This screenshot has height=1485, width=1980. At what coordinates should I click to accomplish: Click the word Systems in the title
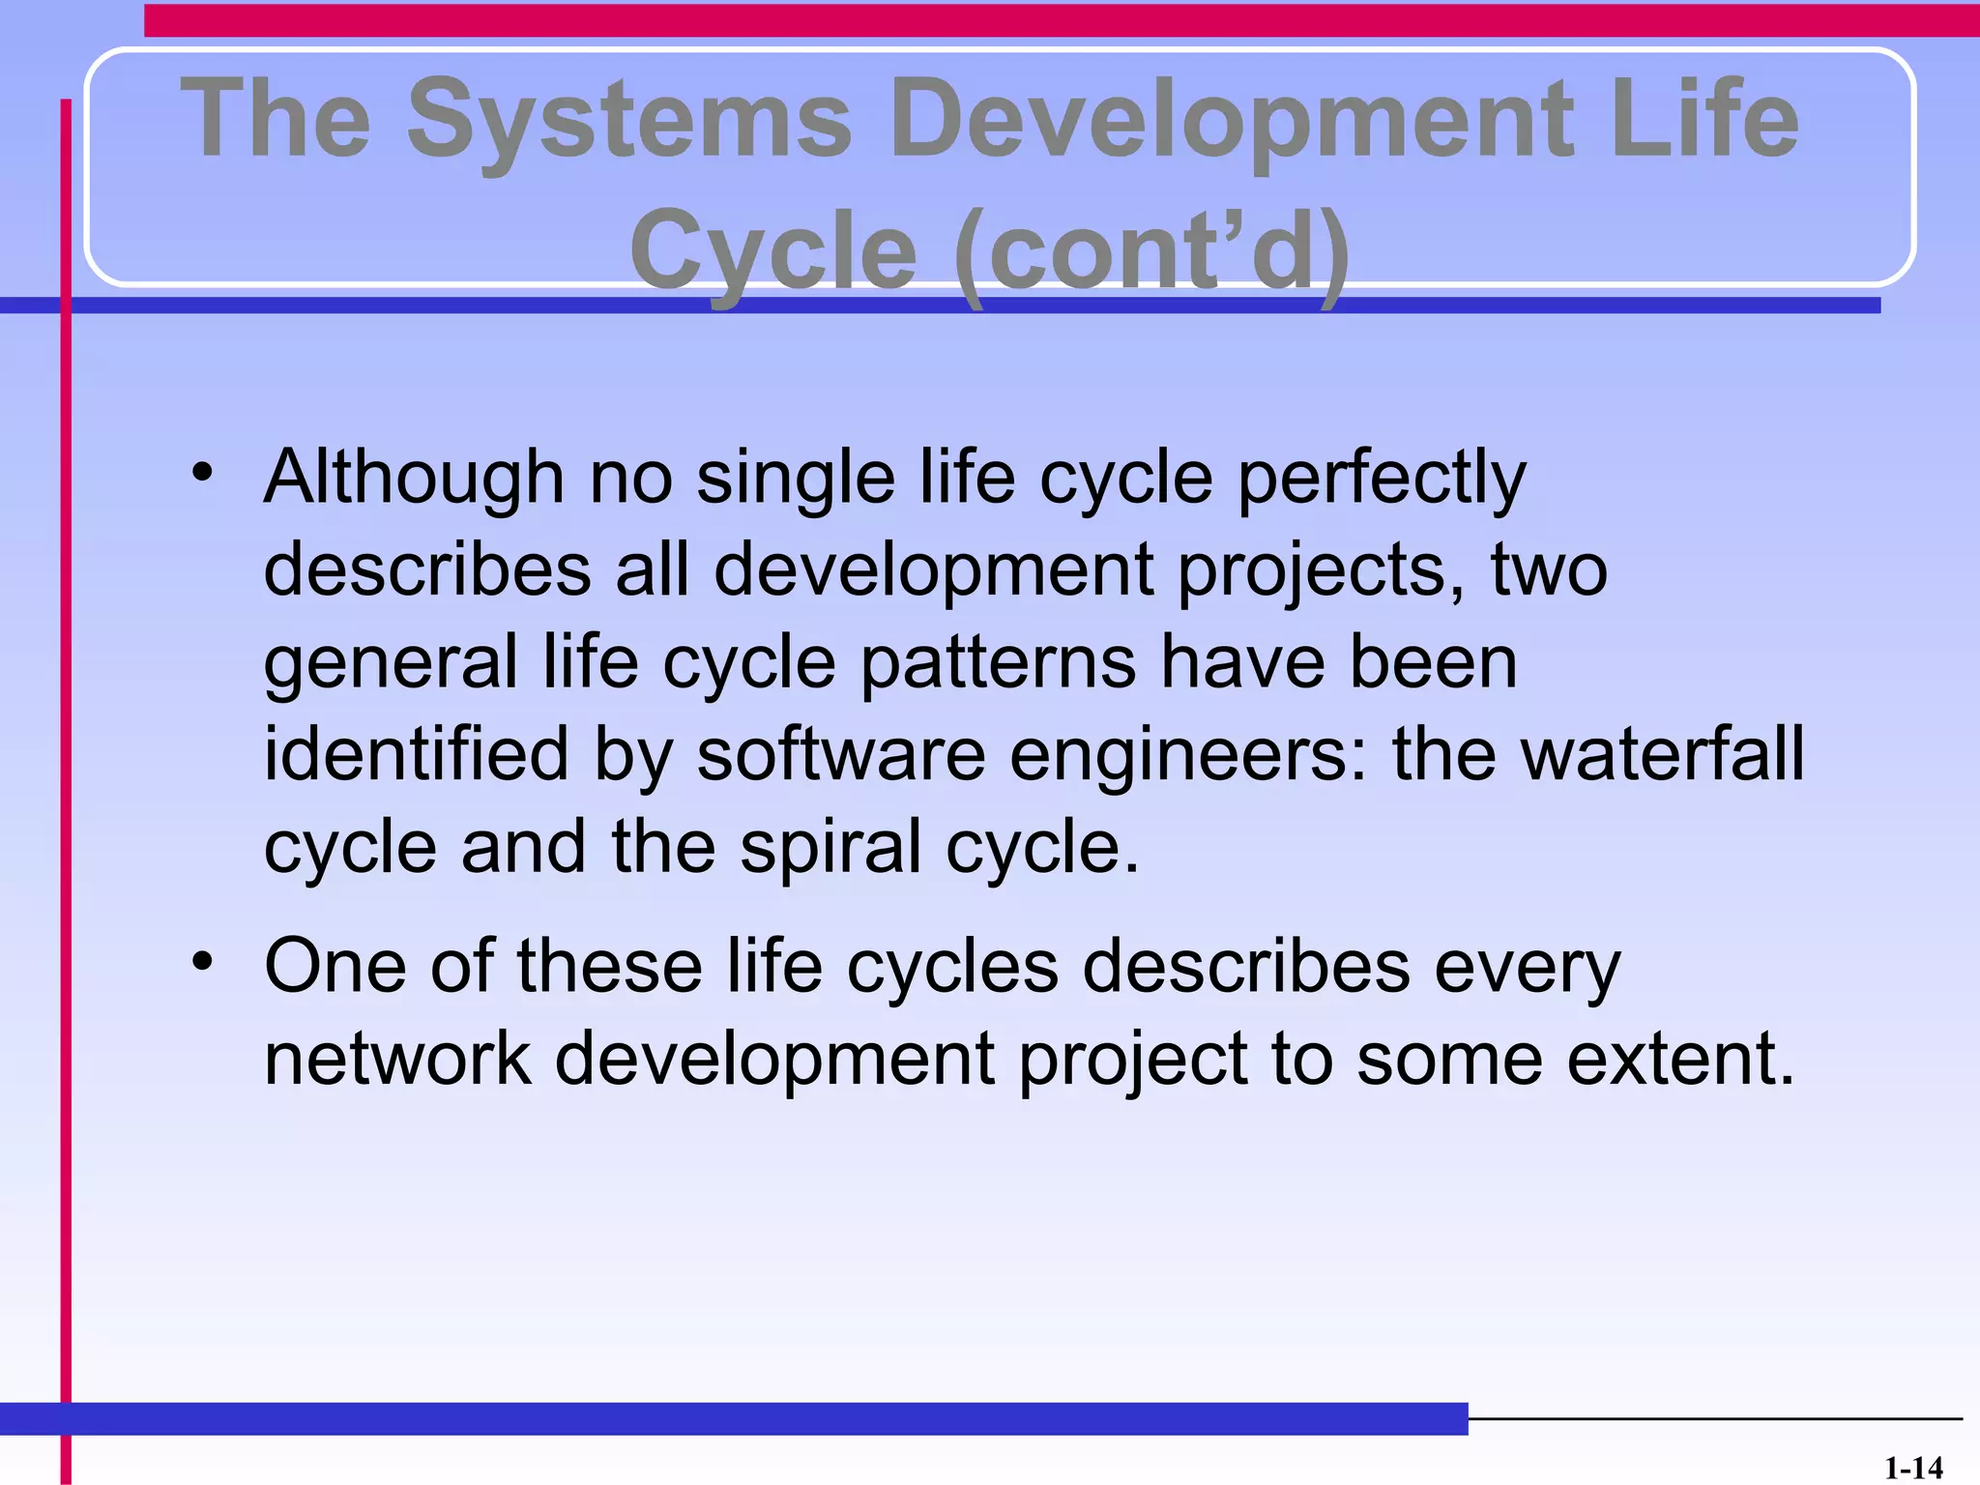628,120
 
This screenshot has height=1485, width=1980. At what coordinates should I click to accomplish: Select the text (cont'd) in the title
1150,251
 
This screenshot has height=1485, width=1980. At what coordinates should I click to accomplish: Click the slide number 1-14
1912,1469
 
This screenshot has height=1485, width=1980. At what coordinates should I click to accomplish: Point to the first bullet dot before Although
201,474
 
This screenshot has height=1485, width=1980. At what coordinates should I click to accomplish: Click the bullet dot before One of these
201,962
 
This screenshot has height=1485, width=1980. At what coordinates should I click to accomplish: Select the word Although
414,478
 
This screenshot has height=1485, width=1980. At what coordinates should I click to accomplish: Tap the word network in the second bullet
397,1059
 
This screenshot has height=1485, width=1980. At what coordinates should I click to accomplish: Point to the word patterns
998,665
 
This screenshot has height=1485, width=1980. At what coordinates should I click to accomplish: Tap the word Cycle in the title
773,251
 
